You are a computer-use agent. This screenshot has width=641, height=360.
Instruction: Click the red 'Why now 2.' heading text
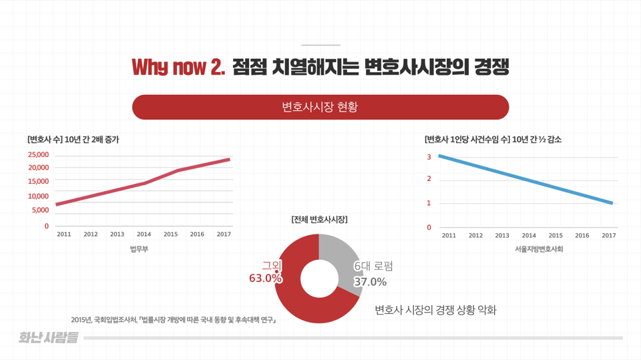(178, 67)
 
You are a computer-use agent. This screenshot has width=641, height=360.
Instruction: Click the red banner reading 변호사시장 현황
(320, 107)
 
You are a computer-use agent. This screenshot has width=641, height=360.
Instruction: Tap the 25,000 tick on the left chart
(37, 155)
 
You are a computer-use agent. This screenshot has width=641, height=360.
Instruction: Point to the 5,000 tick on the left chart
(39, 210)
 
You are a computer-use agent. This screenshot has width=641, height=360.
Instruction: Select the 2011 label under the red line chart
(63, 234)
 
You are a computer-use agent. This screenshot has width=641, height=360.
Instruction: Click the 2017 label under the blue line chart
(608, 235)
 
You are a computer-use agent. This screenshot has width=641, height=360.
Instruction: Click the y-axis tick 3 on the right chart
(429, 157)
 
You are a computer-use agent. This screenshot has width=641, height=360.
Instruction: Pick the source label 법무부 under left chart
(139, 249)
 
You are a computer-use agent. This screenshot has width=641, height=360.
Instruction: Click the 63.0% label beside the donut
(265, 279)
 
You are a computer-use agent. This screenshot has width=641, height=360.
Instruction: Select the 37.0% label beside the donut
(370, 282)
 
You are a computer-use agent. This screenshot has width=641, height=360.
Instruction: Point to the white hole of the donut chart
(319, 279)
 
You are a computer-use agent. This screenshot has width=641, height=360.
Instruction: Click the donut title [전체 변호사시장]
(319, 219)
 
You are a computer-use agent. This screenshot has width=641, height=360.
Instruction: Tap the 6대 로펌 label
(373, 266)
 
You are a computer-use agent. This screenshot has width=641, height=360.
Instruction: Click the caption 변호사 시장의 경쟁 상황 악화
(435, 310)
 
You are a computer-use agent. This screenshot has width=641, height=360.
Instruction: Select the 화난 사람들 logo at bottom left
(48, 338)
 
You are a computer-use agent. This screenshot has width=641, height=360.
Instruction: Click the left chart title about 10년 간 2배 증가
(73, 140)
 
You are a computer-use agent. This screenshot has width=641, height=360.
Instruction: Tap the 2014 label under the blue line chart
(528, 235)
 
